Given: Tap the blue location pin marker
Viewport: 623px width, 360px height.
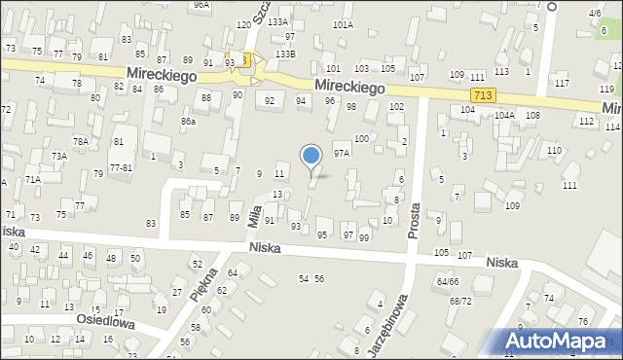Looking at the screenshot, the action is [x=311, y=156].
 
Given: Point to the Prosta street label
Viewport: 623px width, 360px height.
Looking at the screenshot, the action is [x=416, y=221].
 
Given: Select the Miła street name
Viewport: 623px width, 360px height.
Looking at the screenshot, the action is [x=255, y=213].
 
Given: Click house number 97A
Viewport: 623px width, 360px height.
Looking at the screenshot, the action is [x=341, y=153].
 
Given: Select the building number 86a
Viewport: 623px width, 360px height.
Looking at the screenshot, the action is [x=188, y=122].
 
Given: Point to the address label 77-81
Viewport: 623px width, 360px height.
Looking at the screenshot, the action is [x=121, y=167].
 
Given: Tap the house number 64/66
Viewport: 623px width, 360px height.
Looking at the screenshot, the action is [x=448, y=281].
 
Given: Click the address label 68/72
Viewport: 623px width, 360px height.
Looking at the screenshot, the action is [x=460, y=301].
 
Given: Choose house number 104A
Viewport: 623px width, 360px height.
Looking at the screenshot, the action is [x=503, y=115].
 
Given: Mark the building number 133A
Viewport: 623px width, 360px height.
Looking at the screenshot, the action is [x=278, y=21].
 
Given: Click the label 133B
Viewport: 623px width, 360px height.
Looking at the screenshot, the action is [x=284, y=54].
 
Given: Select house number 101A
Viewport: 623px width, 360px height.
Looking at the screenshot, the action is [x=343, y=24].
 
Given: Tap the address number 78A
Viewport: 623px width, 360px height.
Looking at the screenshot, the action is [x=81, y=141].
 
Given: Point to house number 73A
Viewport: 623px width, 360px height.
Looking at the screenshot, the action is [x=58, y=156].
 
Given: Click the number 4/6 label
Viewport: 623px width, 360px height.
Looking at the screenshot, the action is [x=594, y=14].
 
